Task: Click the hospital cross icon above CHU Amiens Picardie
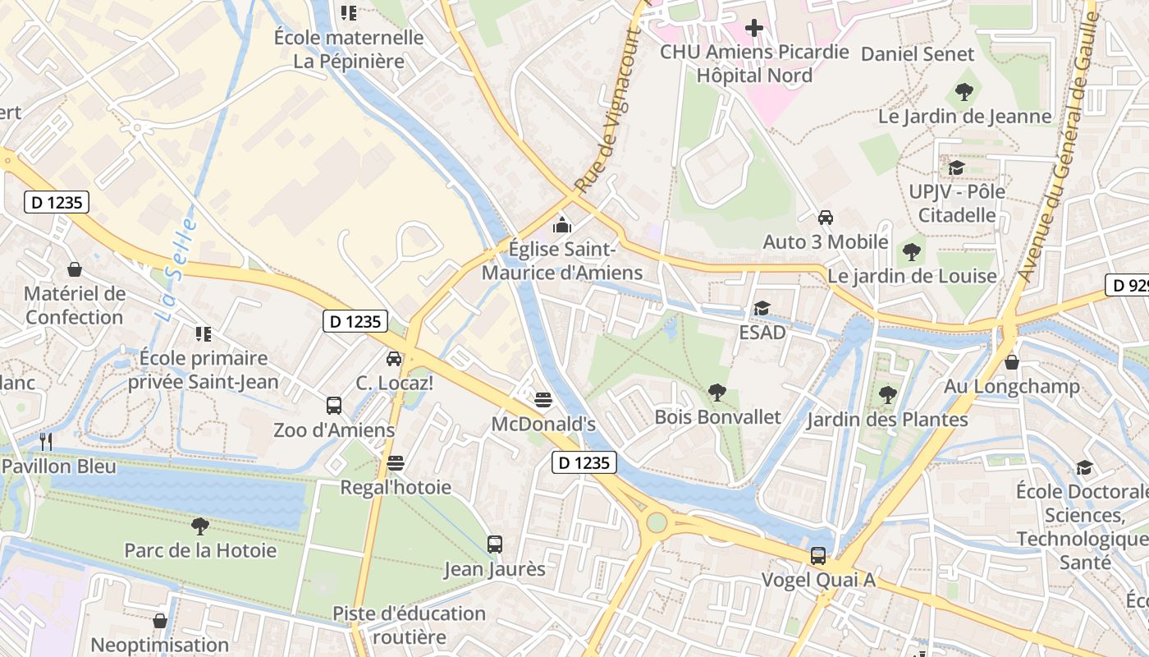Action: pyautogui.click(x=753, y=29)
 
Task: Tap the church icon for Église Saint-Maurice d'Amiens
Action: pyautogui.click(x=562, y=224)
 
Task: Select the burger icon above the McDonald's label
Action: pyautogui.click(x=542, y=400)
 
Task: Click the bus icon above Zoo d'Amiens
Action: pyautogui.click(x=334, y=406)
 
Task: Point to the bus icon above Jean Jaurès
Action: pyautogui.click(x=495, y=544)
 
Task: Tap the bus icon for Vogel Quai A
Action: pyautogui.click(x=818, y=556)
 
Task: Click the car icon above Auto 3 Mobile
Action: pyautogui.click(x=826, y=218)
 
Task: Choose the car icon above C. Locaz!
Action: pyautogui.click(x=394, y=359)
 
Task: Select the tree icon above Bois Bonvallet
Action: pyautogui.click(x=717, y=393)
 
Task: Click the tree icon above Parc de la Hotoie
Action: pyautogui.click(x=199, y=526)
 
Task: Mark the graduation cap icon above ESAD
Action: pyautogui.click(x=762, y=309)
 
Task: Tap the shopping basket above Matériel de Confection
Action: pyautogui.click(x=75, y=269)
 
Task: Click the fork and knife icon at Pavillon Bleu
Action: pyautogui.click(x=46, y=442)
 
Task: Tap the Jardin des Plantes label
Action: pyautogui.click(x=887, y=420)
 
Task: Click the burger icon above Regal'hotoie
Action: pyautogui.click(x=396, y=463)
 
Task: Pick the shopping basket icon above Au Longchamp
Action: pyautogui.click(x=1012, y=362)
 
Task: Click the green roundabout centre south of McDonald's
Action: pyautogui.click(x=657, y=522)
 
